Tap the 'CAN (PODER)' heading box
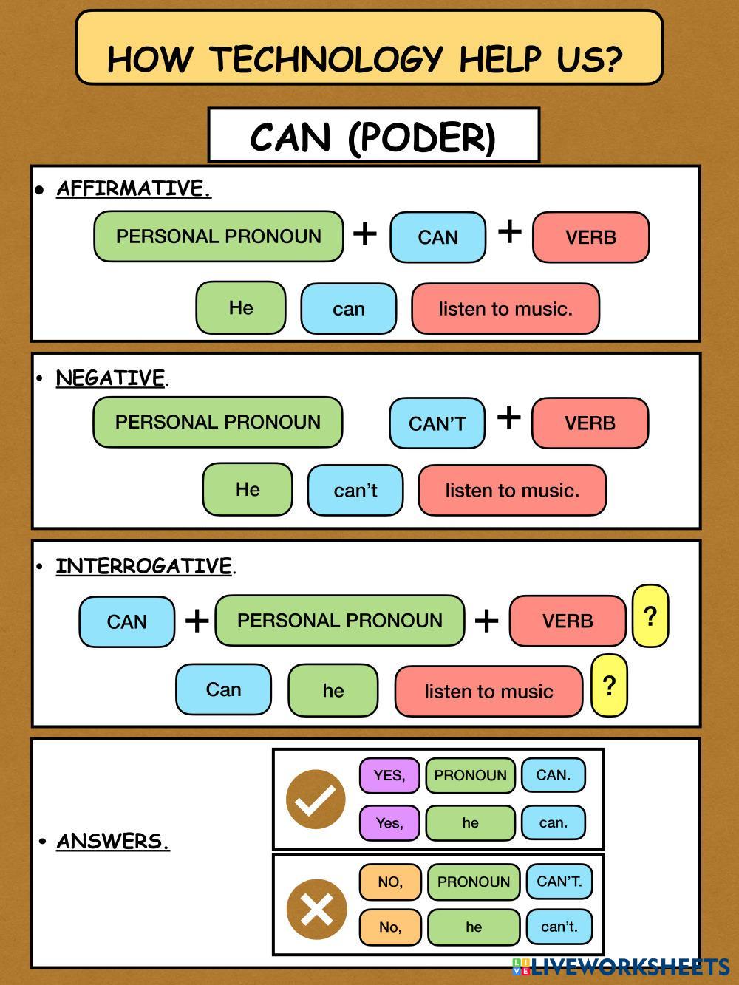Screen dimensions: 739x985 pos(373,136)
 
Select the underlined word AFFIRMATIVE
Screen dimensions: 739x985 pos(134,188)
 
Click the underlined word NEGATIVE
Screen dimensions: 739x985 pos(111,378)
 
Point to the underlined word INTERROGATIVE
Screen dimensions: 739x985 pos(144,566)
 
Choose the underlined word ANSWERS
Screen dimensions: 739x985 pos(113,841)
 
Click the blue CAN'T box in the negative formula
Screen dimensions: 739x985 pos(437,423)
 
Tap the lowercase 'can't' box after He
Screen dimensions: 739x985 pos(355,490)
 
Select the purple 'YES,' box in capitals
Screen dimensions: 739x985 pos(389,775)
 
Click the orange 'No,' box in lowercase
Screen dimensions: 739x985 pos(390,927)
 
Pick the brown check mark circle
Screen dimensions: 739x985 pos(316,799)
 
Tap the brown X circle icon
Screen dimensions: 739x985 pos(316,908)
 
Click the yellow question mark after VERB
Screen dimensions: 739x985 pos(650,616)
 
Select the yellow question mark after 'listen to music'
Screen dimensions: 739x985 pos(609,686)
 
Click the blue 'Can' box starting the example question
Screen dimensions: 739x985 pos(223,689)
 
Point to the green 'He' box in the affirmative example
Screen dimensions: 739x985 pos(241,307)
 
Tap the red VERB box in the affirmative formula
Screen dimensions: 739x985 pos(590,237)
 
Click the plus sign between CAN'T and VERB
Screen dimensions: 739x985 pos(508,417)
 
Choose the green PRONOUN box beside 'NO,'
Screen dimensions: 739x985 pos(474,882)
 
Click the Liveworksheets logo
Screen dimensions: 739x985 pos(621,966)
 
